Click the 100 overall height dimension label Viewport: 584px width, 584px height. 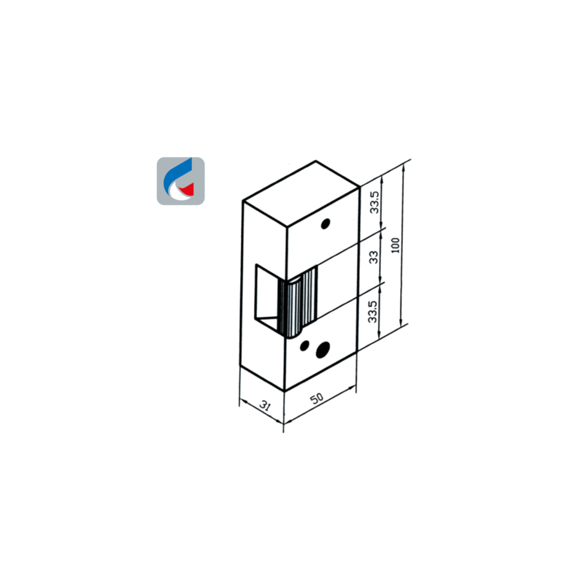[x=396, y=245]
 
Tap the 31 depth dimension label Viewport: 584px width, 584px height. [x=265, y=405]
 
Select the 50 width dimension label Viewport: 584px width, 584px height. [x=317, y=398]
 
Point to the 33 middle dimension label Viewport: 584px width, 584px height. [x=373, y=257]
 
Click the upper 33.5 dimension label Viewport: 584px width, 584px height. [x=374, y=202]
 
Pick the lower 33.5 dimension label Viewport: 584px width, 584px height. [x=372, y=312]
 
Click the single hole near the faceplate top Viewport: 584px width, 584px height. [x=325, y=224]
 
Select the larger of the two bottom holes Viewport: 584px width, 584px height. [x=323, y=350]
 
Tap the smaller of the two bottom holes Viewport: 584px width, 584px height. [x=304, y=345]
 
